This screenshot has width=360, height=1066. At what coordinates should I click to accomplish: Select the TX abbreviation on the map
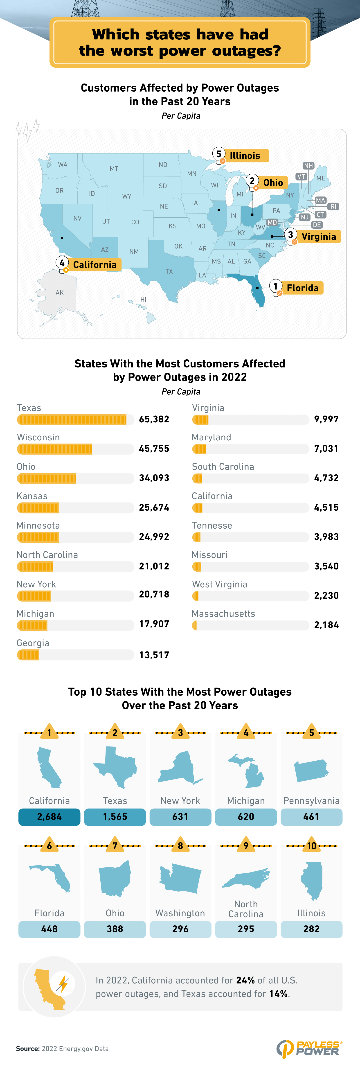pyautogui.click(x=169, y=271)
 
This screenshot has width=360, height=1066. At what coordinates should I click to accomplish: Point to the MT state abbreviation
pyautogui.click(x=114, y=169)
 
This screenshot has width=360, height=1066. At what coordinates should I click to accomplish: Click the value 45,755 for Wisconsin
pyautogui.click(x=154, y=448)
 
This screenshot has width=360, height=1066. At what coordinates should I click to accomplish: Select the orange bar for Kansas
pyautogui.click(x=38, y=508)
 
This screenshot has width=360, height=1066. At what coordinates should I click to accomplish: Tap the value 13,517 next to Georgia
pyautogui.click(x=154, y=655)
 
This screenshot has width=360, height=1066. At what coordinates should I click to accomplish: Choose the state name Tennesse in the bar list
pyautogui.click(x=212, y=525)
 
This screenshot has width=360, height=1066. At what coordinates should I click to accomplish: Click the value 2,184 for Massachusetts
pyautogui.click(x=326, y=625)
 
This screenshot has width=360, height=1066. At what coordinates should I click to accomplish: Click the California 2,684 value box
pyautogui.click(x=49, y=816)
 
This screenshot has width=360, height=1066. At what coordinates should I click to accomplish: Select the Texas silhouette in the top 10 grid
pyautogui.click(x=115, y=767)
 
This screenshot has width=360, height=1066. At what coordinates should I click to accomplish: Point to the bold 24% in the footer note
pyautogui.click(x=245, y=980)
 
